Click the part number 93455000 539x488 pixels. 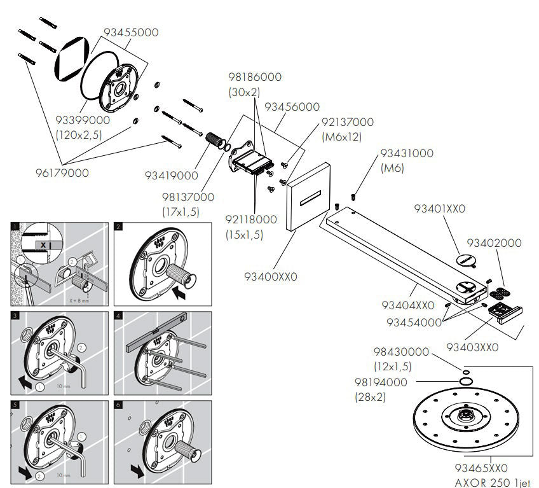(131, 32)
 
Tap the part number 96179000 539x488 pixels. (61, 172)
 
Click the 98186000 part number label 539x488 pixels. (254, 77)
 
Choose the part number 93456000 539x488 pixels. (292, 107)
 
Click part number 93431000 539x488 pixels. (406, 153)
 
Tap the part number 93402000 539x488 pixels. (495, 242)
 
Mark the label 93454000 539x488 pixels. (414, 323)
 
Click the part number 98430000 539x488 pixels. (400, 352)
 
